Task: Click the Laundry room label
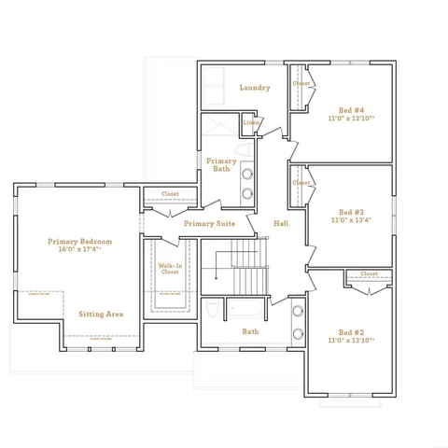[255, 88]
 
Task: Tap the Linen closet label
[250, 122]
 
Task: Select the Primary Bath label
[221, 165]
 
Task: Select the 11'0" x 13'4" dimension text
[351, 221]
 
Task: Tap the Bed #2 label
[351, 332]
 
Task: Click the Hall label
[281, 224]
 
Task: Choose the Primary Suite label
[209, 224]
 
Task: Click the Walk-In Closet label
[169, 269]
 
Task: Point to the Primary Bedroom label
[79, 241]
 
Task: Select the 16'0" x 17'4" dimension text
[79, 250]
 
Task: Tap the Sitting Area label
[101, 315]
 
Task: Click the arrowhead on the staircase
[217, 277]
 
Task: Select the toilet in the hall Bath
[211, 309]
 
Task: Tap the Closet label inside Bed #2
[369, 274]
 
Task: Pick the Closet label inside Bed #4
[301, 84]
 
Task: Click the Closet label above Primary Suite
[170, 194]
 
